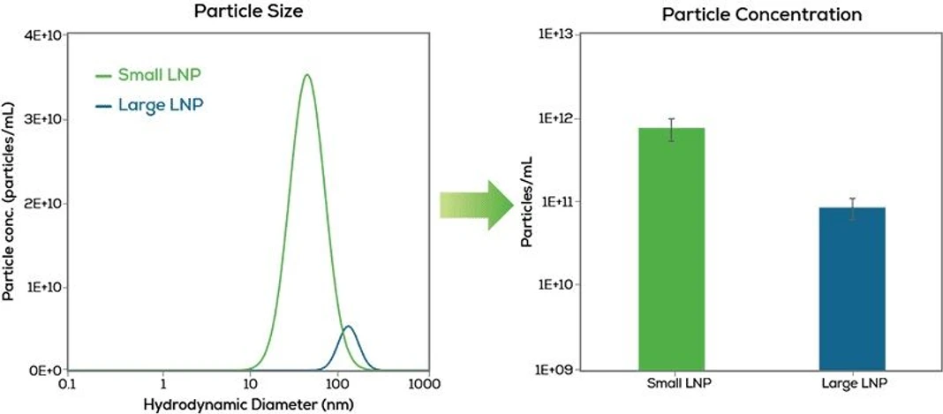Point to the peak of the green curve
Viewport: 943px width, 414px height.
[x=306, y=75]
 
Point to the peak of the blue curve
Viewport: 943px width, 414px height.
[x=348, y=327]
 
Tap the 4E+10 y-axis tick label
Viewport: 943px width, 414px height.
[x=41, y=35]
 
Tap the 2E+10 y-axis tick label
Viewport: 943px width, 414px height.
[x=41, y=203]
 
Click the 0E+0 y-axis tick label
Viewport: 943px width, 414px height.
[x=44, y=371]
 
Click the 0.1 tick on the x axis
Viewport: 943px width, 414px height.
[x=68, y=386]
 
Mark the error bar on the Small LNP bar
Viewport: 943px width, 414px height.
[x=672, y=129]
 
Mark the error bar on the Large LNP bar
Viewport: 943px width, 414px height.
[x=852, y=209]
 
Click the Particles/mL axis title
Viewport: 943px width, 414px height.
[x=527, y=202]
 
